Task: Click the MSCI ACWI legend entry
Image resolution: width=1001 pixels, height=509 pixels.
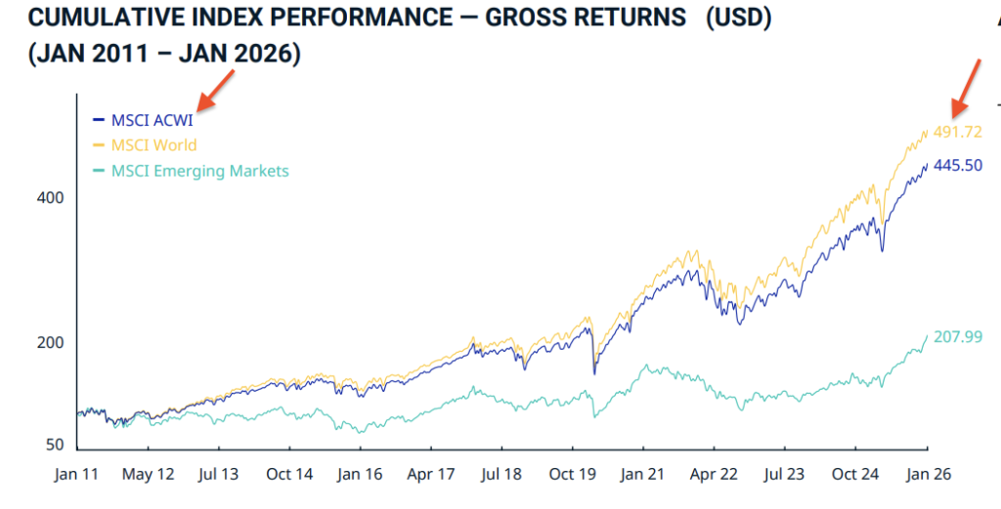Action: pos(152,121)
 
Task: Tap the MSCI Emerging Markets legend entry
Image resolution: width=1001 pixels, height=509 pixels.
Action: pos(199,171)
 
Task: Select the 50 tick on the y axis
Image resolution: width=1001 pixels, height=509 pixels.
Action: pos(55,445)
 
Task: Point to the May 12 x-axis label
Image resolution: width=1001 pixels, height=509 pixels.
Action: pos(148,474)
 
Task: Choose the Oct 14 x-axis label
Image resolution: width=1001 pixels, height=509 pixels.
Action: pos(289,474)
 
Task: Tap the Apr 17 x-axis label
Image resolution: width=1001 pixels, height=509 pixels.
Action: pos(431,474)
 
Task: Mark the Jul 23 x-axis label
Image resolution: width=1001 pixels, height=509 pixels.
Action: pos(784,474)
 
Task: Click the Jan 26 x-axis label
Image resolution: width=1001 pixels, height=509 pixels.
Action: pos(926,474)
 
